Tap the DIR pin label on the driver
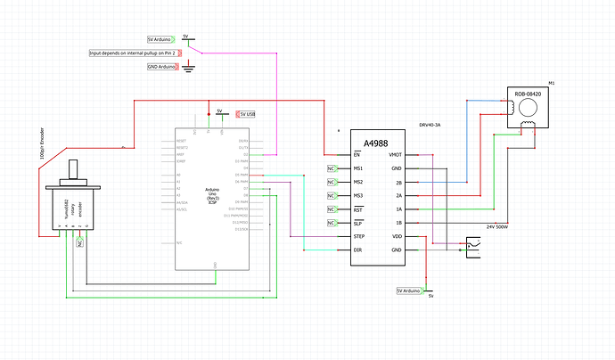[x=356, y=250]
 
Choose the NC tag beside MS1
[x=332, y=168]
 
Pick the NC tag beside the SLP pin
[x=332, y=222]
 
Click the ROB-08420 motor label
[x=528, y=94]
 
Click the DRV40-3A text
[x=431, y=126]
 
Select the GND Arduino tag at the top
[x=161, y=67]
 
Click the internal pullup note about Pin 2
[x=134, y=53]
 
